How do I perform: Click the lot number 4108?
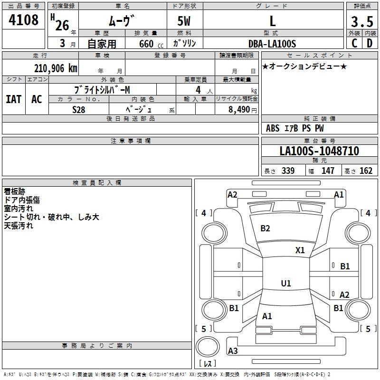tap(24, 20)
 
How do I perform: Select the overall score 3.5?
tap(361, 21)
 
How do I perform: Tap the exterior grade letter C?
tap(354, 43)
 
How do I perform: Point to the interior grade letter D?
tap(370, 43)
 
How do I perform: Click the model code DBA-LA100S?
tap(272, 44)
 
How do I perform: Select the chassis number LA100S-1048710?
tap(319, 152)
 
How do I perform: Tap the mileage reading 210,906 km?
tap(56, 68)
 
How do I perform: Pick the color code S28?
tap(79, 109)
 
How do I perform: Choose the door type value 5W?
tap(184, 21)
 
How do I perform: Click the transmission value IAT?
tap(14, 99)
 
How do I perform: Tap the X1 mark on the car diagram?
tap(300, 250)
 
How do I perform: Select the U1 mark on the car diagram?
tap(286, 284)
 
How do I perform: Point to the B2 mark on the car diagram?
tap(265, 228)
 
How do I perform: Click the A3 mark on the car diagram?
tap(233, 351)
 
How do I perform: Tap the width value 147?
tap(328, 171)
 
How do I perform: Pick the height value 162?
tap(366, 171)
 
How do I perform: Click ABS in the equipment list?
tap(273, 128)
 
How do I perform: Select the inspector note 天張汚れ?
tap(19, 226)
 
